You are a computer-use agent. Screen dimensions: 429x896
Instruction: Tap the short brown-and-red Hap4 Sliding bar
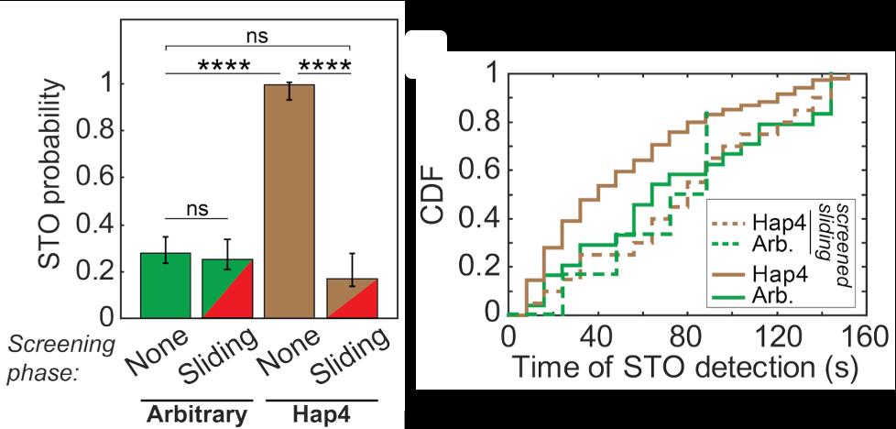coord(351,299)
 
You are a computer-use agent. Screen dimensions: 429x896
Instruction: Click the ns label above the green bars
coord(197,210)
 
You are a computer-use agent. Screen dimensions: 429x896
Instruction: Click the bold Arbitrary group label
coord(196,413)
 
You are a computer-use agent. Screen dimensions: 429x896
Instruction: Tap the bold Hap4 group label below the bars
coord(322,413)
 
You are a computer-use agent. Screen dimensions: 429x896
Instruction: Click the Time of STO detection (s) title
coord(677,368)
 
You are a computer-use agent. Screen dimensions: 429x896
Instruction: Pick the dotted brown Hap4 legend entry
coord(752,222)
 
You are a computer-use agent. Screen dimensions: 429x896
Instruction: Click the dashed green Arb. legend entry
coord(752,245)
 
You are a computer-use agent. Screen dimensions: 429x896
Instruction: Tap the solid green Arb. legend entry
coord(752,294)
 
